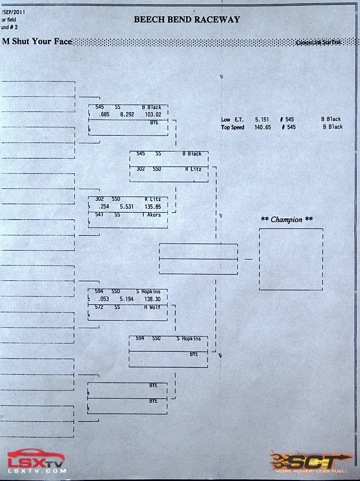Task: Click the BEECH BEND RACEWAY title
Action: tap(187, 19)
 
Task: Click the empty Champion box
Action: tap(291, 259)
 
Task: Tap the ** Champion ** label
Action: tap(287, 219)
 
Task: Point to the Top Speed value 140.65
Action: tap(263, 127)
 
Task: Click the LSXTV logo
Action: tap(36, 462)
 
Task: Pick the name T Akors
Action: tap(151, 214)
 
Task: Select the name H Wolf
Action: tap(152, 307)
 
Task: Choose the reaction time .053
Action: tap(103, 299)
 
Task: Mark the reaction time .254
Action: tap(103, 206)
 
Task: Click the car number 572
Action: tap(99, 307)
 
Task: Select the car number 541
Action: tap(99, 214)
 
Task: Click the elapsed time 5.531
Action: tap(127, 206)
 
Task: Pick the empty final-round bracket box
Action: tap(198, 259)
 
